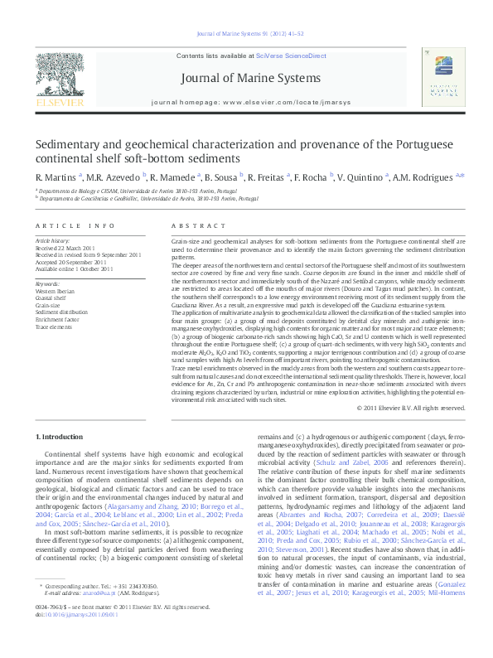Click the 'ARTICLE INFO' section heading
(75, 225)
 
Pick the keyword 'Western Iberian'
(56, 291)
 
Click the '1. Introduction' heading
(60, 437)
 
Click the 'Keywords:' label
(48, 284)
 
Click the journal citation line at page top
(246, 34)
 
